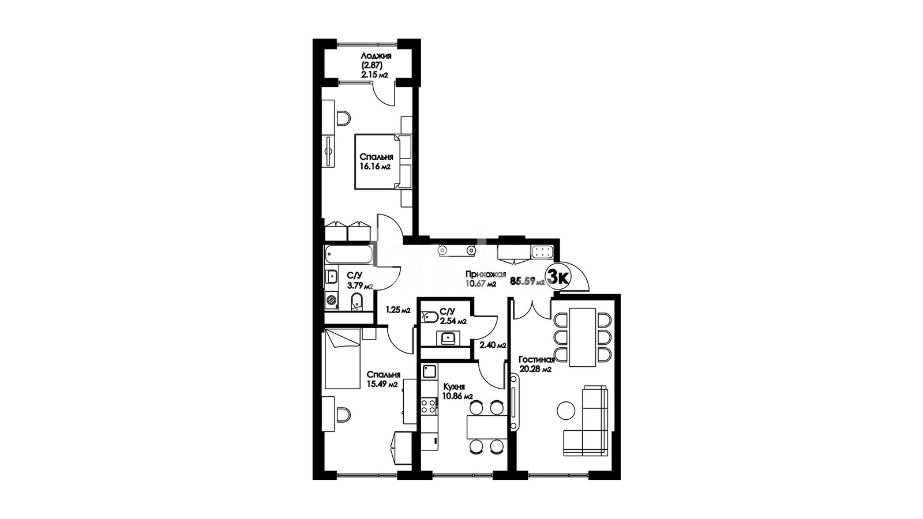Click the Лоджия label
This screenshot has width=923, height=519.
point(376,55)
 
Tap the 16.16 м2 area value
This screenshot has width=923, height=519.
point(375,167)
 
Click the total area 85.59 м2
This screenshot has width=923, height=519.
point(527,281)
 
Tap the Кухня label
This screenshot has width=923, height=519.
point(454,387)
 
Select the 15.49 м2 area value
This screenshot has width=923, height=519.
point(382,384)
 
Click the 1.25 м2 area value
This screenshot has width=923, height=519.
point(398,310)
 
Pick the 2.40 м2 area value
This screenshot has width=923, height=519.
point(493,345)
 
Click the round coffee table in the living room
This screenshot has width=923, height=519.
point(566,411)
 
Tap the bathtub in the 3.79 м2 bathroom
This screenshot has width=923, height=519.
point(348,254)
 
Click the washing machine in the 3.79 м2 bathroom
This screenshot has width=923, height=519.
point(331,300)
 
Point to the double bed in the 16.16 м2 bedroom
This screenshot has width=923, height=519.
point(383,161)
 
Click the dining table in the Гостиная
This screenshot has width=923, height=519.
point(582,337)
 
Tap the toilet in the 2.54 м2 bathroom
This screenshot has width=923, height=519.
point(429,317)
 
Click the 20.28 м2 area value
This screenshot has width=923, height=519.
point(535,370)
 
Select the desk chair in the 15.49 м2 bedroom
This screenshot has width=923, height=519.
point(343,415)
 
